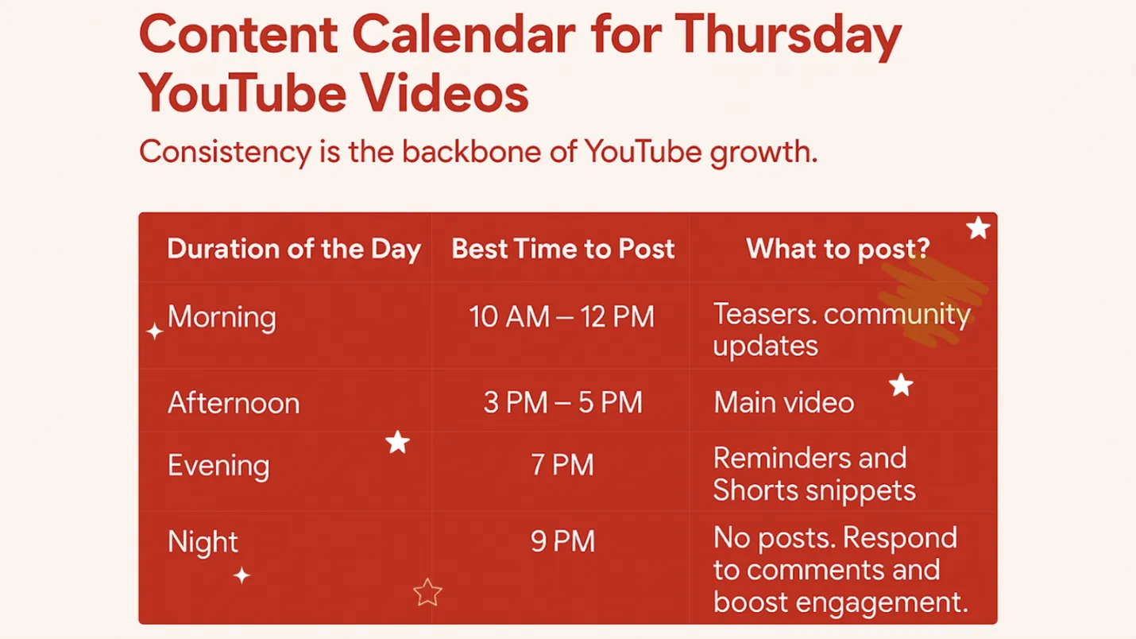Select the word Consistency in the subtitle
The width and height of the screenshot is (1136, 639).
click(225, 151)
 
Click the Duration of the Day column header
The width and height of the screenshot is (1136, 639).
click(293, 249)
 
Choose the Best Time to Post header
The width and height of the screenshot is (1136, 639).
click(562, 249)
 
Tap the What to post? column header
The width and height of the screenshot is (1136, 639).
click(837, 249)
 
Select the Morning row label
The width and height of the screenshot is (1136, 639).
click(222, 317)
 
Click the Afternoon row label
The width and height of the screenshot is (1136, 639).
click(234, 403)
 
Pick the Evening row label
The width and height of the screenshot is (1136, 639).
click(218, 466)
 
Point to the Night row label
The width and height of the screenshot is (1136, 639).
click(203, 542)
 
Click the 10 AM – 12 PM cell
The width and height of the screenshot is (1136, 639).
click(562, 317)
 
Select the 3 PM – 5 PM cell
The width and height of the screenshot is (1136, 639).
click(562, 403)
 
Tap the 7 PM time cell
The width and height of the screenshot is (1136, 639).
click(562, 465)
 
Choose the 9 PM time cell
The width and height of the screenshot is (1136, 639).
click(562, 542)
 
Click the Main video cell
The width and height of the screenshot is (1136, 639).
click(783, 403)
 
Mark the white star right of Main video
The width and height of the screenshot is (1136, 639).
click(901, 385)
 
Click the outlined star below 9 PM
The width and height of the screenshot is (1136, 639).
click(427, 592)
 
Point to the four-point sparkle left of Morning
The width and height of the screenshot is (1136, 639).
click(155, 331)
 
